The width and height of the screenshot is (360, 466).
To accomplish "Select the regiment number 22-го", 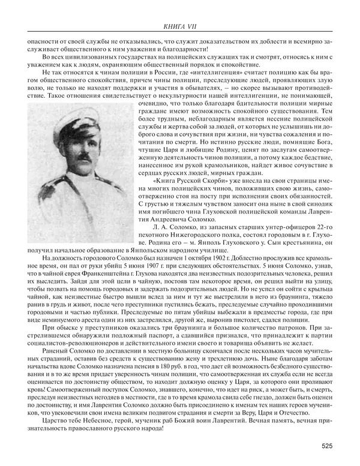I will pyautogui.click(x=324, y=224).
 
